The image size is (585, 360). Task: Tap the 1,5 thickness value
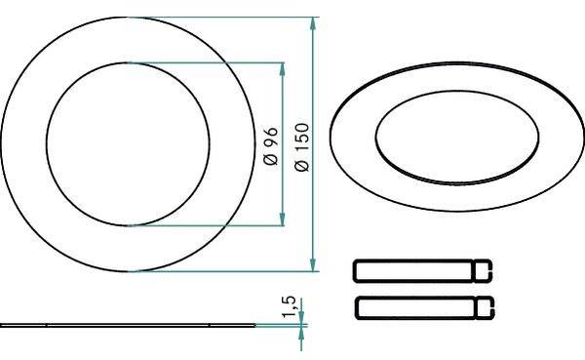[x=289, y=307]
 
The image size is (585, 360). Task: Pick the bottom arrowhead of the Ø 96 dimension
[x=283, y=219]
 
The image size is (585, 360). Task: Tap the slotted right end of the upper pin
[x=485, y=268]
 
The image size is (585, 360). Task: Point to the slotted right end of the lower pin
[x=485, y=306]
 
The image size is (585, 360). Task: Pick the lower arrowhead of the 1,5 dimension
[x=301, y=332]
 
